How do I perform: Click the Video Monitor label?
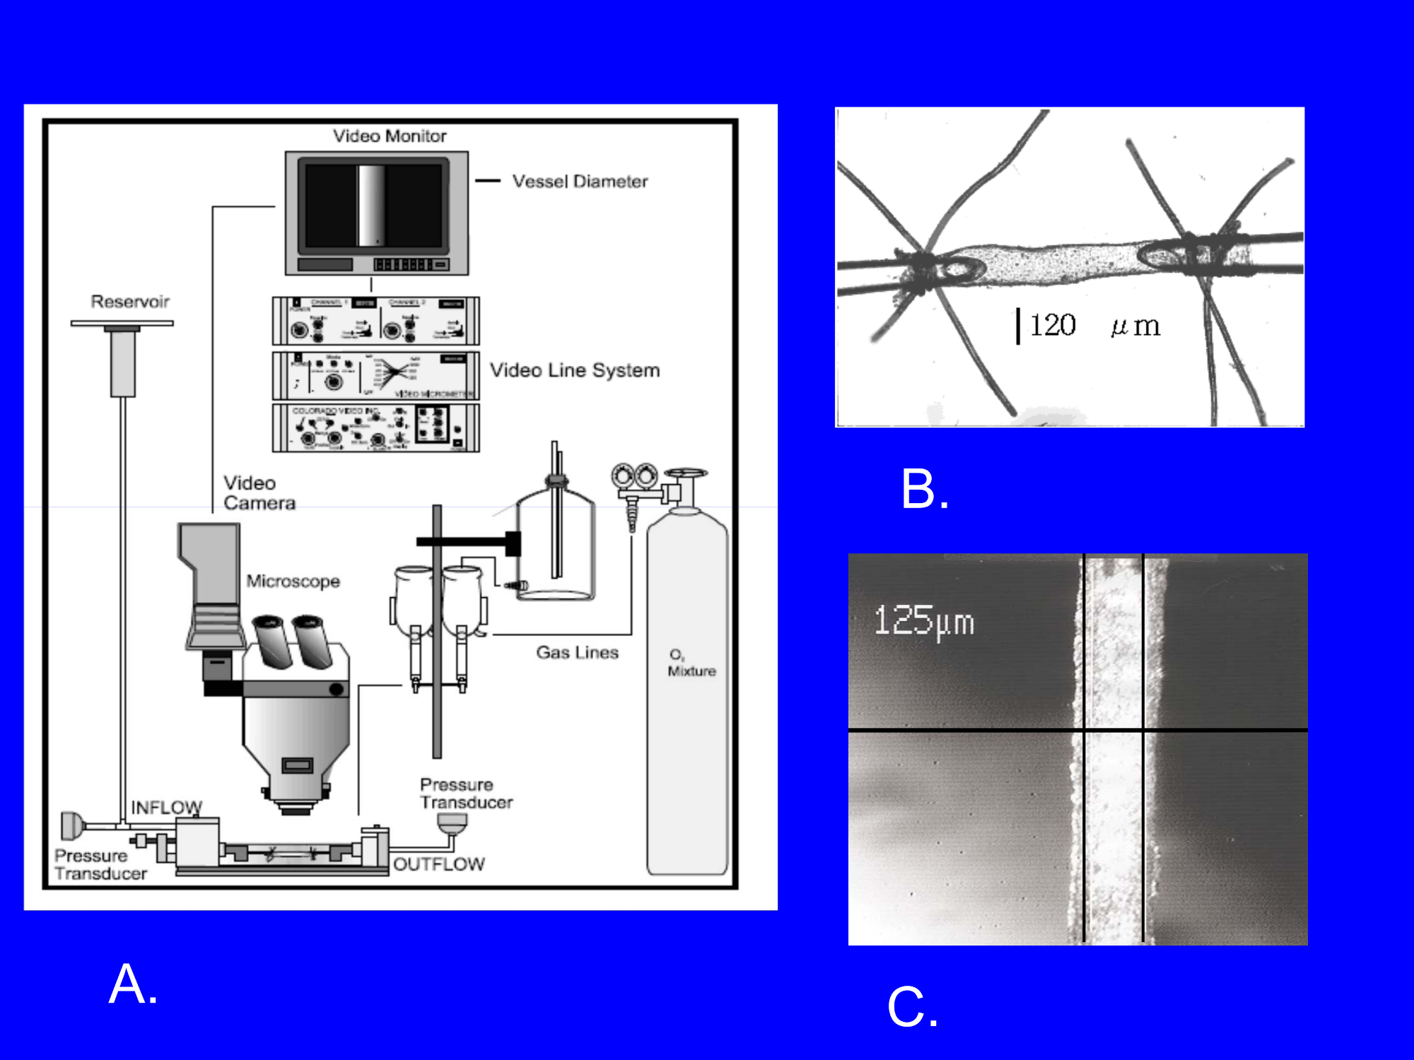(390, 136)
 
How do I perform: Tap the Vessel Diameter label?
(580, 182)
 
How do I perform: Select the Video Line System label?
(575, 370)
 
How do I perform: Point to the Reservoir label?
(130, 302)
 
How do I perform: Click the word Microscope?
(293, 581)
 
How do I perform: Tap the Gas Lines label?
(577, 652)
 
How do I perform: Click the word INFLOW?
(167, 807)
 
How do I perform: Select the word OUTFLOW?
(439, 864)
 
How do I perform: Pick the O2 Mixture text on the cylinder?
(691, 664)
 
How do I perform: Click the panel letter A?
(132, 984)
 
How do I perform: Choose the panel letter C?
(912, 1006)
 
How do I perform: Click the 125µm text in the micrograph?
(924, 621)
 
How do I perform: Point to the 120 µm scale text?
(1094, 326)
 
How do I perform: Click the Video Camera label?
(259, 493)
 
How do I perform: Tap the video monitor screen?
(373, 206)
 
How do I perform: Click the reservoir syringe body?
(123, 363)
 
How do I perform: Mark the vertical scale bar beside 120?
(1018, 326)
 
